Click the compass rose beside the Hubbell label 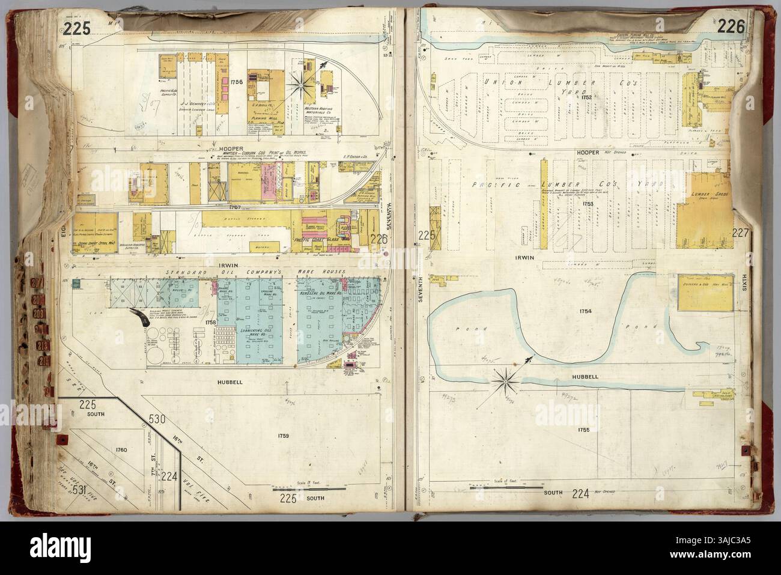(x=508, y=377)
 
